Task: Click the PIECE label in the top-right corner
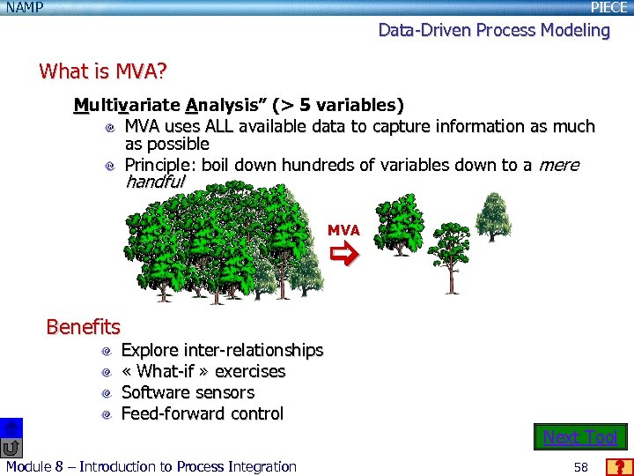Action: [x=608, y=8]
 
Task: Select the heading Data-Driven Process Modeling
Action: [x=494, y=30]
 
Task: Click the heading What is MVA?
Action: [x=103, y=71]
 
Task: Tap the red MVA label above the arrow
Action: [x=343, y=230]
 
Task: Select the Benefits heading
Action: [x=83, y=327]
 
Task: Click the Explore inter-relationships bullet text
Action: [x=222, y=351]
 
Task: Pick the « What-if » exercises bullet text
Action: [x=203, y=372]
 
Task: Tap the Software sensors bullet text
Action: [x=187, y=393]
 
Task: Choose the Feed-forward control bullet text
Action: [x=202, y=414]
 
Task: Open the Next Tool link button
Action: [x=580, y=437]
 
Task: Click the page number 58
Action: [x=580, y=467]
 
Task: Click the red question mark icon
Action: [x=620, y=467]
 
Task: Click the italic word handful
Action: [x=155, y=182]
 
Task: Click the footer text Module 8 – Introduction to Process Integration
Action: [x=151, y=467]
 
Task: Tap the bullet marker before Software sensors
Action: [x=107, y=393]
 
